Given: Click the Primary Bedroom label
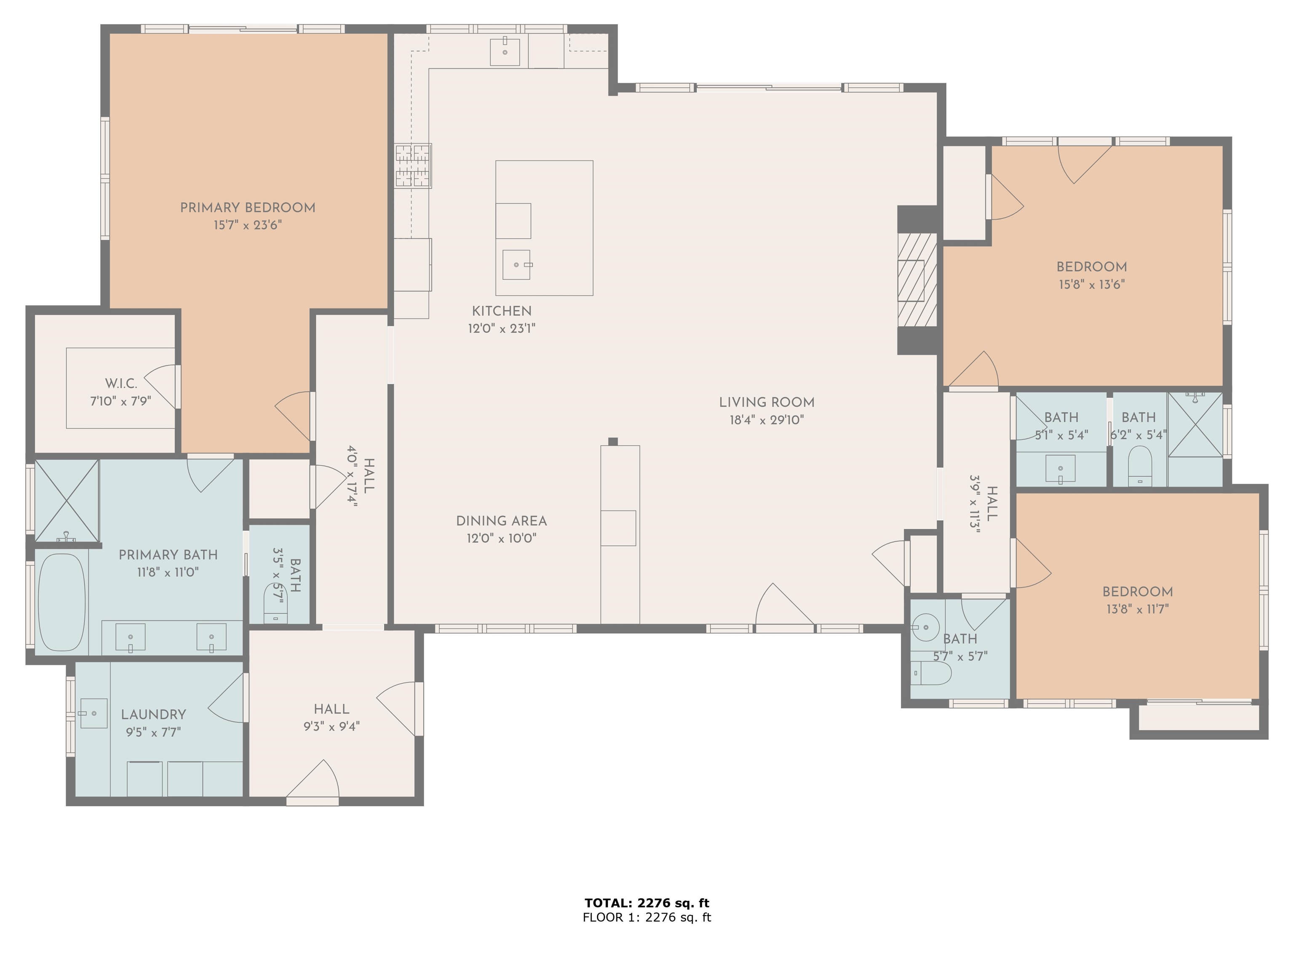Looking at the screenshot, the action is click(247, 208).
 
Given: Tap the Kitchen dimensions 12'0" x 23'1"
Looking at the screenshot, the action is click(501, 328).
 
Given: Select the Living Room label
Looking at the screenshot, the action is click(766, 402).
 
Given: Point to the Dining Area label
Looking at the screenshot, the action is click(501, 521).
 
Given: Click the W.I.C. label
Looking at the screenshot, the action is click(121, 384).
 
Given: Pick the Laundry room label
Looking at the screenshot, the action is click(153, 714).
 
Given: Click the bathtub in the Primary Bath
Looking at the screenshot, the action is click(61, 602).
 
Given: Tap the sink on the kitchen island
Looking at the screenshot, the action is click(516, 265).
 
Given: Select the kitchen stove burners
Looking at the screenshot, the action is click(413, 165).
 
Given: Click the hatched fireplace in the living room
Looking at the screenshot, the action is click(917, 280).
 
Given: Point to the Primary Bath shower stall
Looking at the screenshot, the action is click(67, 501).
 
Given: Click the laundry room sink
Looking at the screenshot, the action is click(94, 713).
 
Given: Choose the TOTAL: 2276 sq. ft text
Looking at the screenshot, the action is click(647, 903).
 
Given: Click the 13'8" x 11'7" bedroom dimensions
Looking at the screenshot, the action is click(1137, 609).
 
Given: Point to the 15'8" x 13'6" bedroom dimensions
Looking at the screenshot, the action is click(1091, 285).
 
